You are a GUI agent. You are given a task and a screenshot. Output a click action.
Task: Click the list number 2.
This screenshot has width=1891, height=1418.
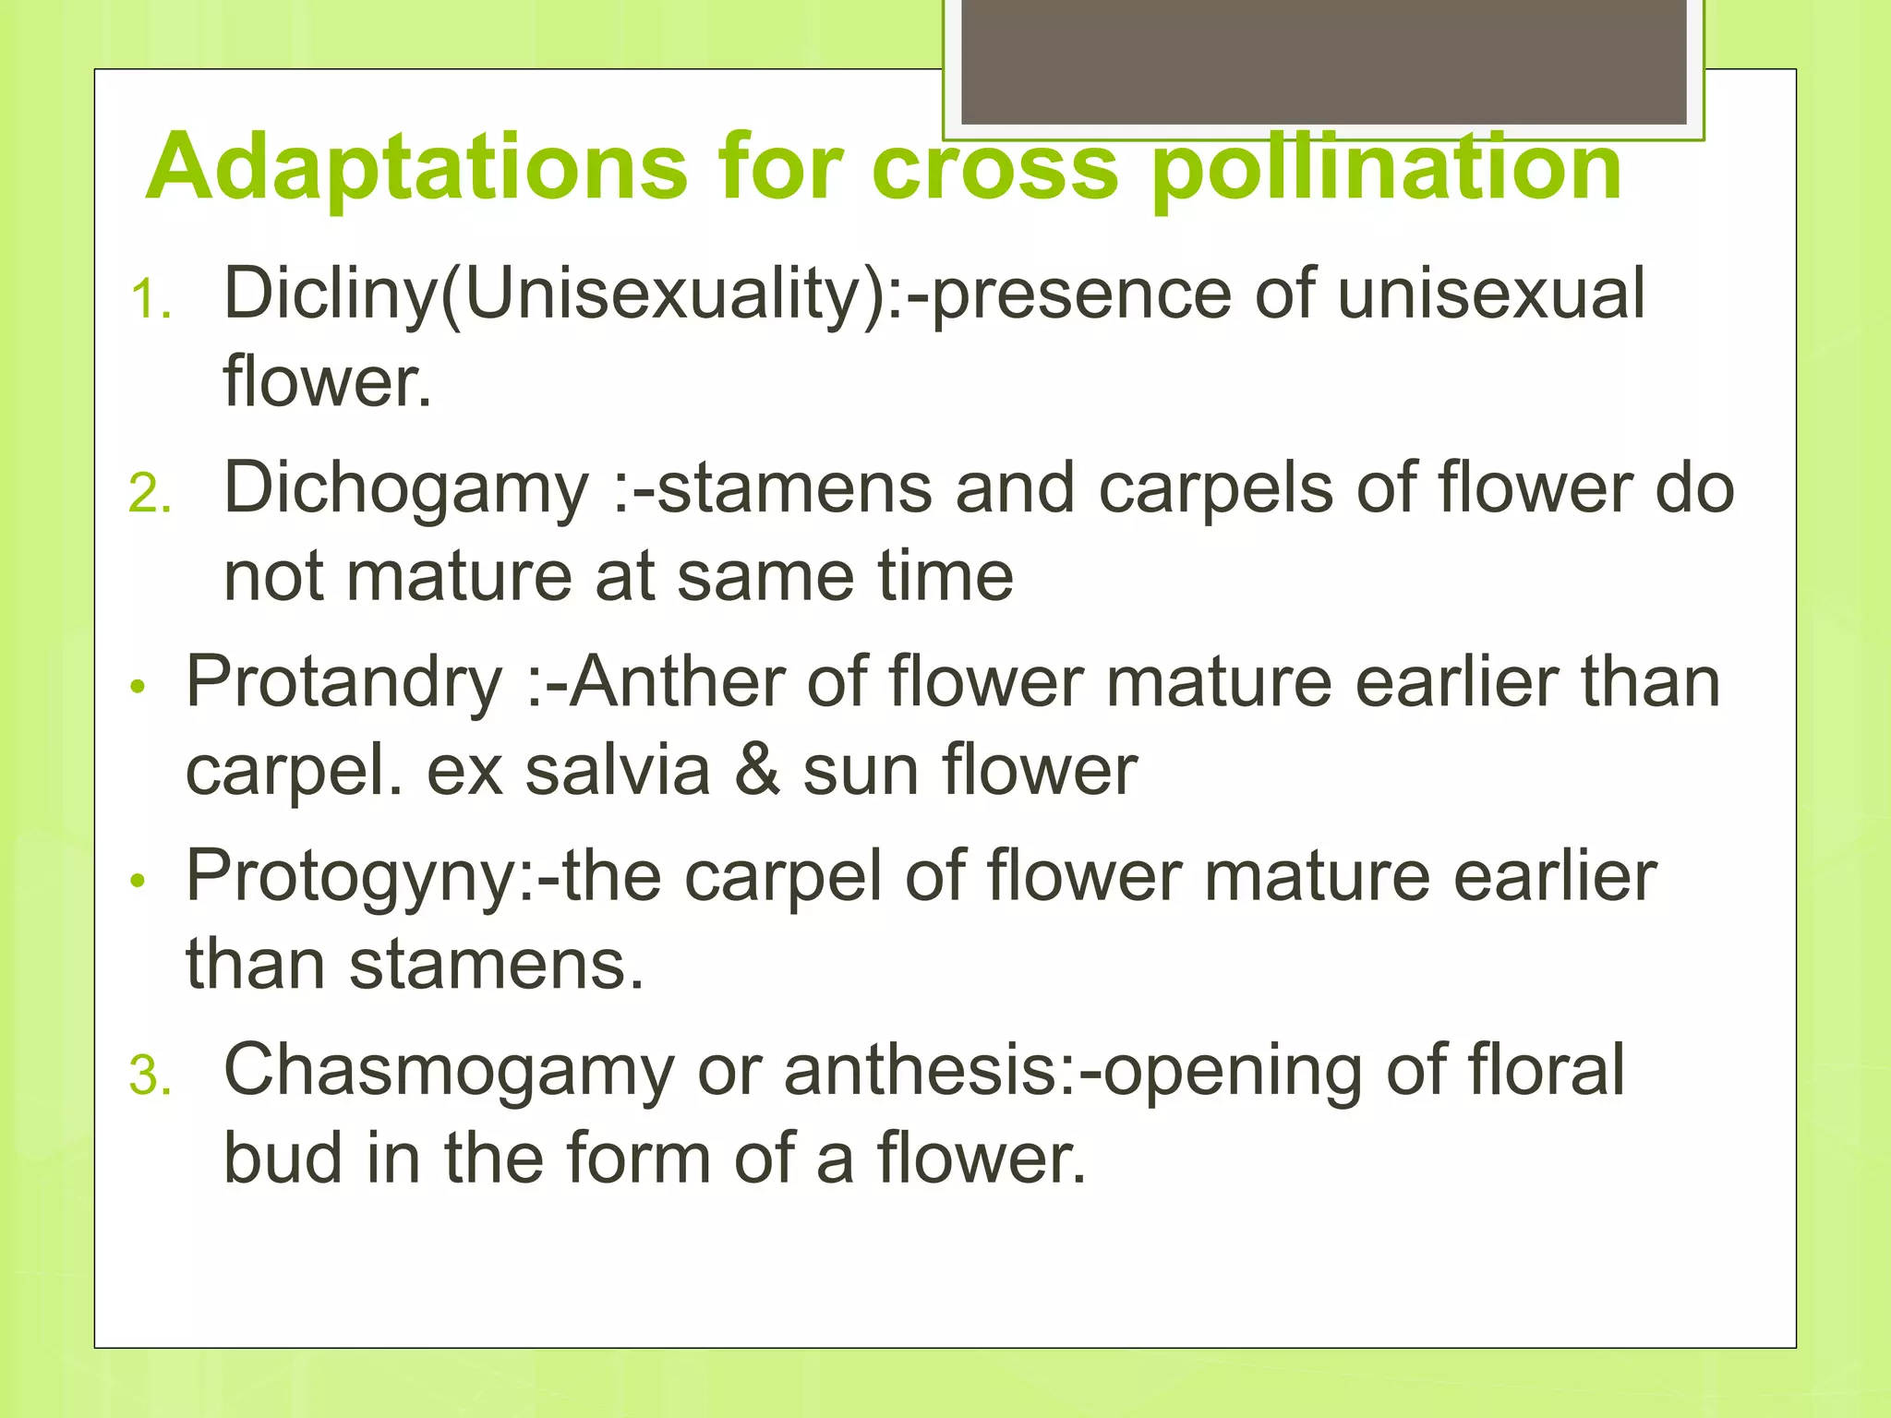151,494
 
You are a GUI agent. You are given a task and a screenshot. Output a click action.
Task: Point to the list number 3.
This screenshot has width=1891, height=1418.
151,1076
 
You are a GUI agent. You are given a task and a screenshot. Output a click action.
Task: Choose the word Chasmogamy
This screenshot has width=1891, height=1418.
449,1071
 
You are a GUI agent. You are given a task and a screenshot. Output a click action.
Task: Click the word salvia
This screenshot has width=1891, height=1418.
618,771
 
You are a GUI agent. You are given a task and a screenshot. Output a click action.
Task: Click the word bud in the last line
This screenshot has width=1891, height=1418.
283,1159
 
